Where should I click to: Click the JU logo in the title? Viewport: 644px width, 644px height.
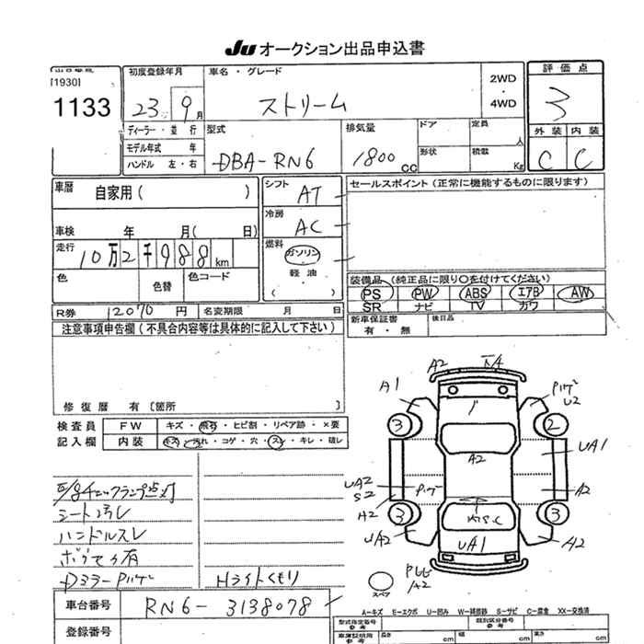click(x=237, y=48)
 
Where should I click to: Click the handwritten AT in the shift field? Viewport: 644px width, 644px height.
click(x=311, y=195)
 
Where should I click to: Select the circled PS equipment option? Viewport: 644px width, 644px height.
click(x=374, y=293)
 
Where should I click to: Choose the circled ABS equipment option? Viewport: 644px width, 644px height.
click(x=476, y=293)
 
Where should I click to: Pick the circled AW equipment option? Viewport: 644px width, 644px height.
click(x=578, y=293)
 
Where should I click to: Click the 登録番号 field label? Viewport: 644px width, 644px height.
click(x=89, y=632)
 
